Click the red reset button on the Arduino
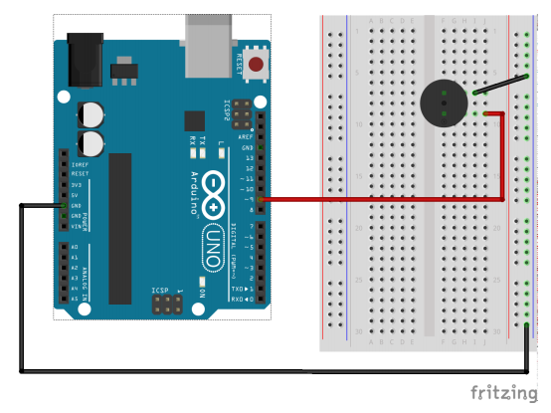point(258,66)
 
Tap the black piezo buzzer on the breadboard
point(441,103)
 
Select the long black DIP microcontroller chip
point(120,228)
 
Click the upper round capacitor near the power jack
point(91,110)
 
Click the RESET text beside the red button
point(238,66)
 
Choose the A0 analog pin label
point(74,246)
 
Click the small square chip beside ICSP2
point(195,119)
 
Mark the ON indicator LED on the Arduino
point(200,293)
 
